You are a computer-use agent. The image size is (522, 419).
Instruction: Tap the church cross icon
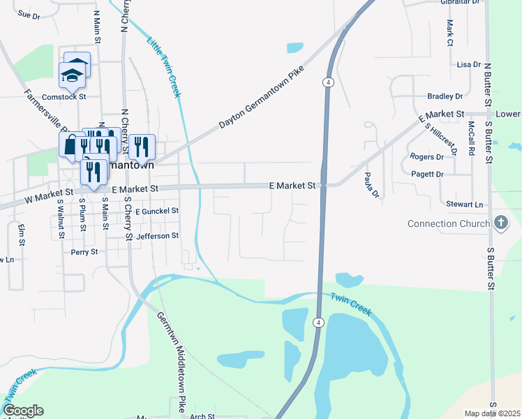pos(500,223)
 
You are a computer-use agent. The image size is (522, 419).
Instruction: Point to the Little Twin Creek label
pos(163,63)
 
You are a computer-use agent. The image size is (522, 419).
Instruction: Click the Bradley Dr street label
pos(445,96)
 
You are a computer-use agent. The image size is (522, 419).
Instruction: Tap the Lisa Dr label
pos(468,64)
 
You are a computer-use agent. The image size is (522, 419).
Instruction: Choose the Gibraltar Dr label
pos(461,2)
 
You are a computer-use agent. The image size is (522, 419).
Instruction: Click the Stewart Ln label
pos(465,205)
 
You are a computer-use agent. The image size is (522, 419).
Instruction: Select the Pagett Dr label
pos(427,174)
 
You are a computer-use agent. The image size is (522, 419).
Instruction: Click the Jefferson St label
pos(158,237)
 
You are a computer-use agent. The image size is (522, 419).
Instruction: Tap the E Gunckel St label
pos(157,211)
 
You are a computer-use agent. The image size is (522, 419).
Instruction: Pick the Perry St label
pos(84,251)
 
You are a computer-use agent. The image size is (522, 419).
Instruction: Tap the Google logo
pos(23,411)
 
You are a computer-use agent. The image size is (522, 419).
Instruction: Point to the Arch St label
pos(202,416)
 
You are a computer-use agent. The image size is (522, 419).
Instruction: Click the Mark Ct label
pos(450,32)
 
